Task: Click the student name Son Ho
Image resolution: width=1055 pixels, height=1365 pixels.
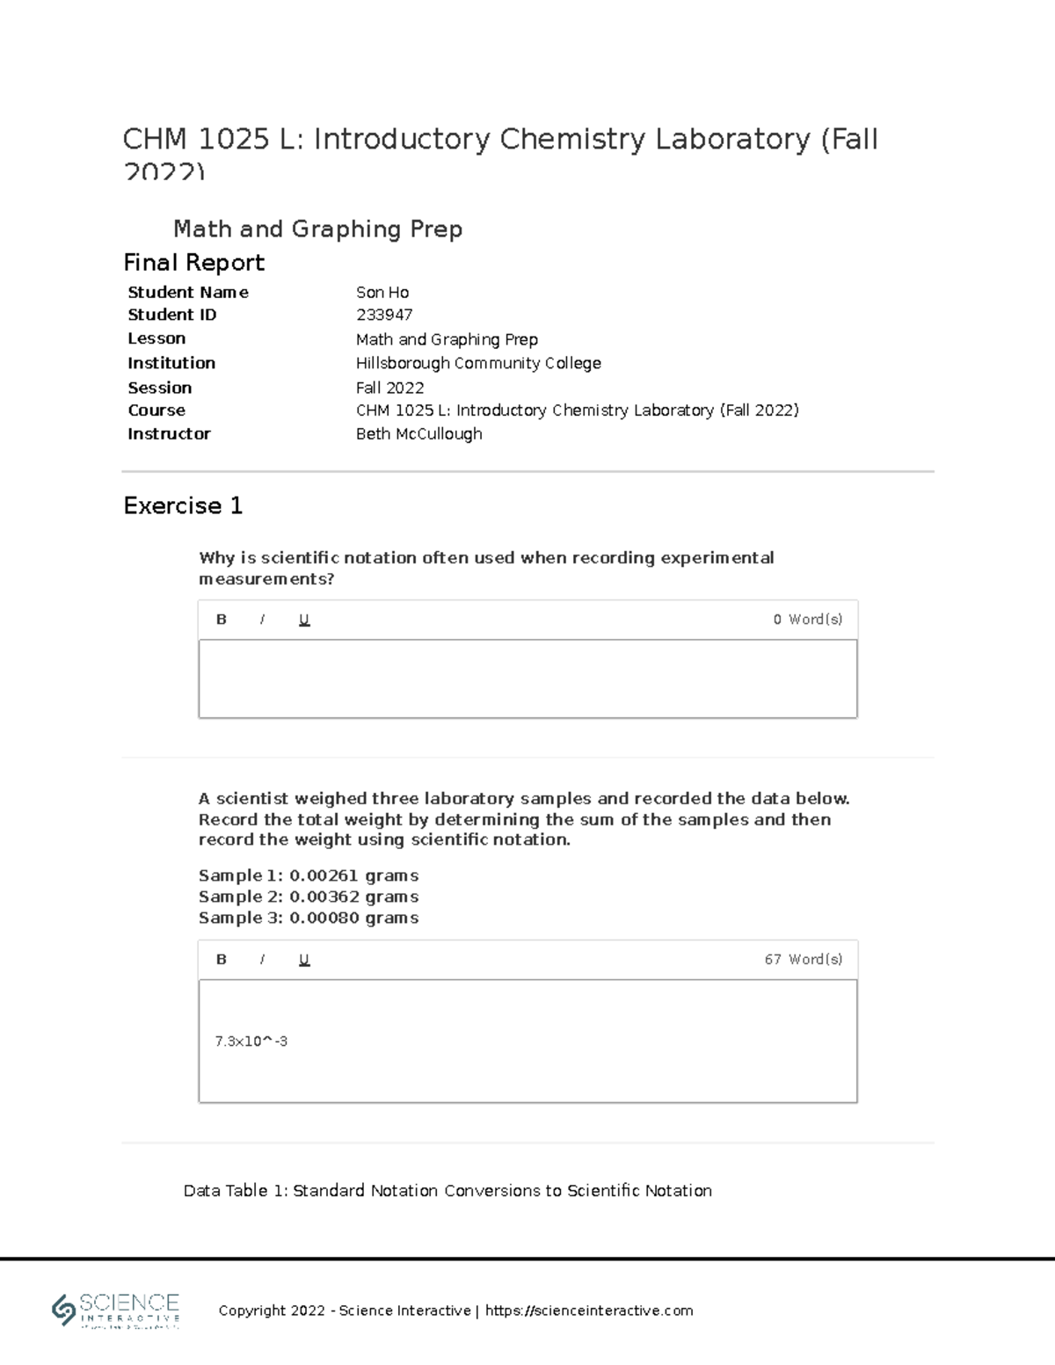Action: click(x=382, y=293)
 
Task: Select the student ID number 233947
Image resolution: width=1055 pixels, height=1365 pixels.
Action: click(x=384, y=315)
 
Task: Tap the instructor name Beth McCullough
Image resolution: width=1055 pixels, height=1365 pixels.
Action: click(x=418, y=434)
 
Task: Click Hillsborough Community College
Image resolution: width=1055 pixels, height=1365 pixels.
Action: click(x=478, y=363)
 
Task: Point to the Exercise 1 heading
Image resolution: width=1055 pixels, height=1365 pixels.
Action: click(x=183, y=506)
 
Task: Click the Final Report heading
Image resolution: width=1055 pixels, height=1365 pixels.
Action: click(x=193, y=263)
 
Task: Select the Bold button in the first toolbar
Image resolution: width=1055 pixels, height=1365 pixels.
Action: click(x=222, y=620)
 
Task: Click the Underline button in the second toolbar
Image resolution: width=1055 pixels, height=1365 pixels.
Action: click(x=304, y=960)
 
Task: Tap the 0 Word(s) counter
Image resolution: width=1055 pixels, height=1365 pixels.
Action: click(x=807, y=620)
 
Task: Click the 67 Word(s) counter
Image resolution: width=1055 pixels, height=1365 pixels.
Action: click(x=803, y=960)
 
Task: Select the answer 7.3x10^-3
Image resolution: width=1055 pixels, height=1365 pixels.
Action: click(x=251, y=1042)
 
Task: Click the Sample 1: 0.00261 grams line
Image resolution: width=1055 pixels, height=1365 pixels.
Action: click(x=308, y=875)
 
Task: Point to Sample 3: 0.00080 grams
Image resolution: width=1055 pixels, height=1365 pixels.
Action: click(x=308, y=918)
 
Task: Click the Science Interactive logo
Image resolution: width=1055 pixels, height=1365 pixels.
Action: click(x=116, y=1311)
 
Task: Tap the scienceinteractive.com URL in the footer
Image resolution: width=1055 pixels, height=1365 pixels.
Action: click(x=589, y=1311)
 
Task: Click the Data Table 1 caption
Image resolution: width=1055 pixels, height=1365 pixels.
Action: click(x=447, y=1191)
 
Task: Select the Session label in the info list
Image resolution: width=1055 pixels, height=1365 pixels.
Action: click(x=159, y=388)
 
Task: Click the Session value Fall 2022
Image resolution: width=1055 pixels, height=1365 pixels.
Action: click(x=389, y=388)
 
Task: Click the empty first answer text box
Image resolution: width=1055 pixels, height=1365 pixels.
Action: click(x=527, y=679)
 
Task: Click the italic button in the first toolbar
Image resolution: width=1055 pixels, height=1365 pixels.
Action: click(x=262, y=620)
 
